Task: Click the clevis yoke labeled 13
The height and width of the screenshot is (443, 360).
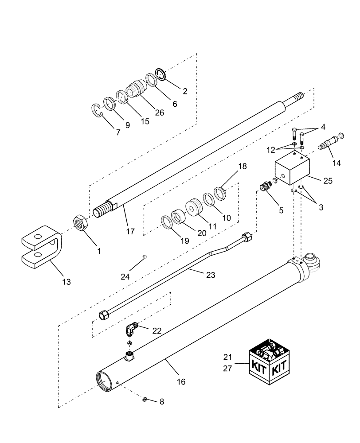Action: point(42,246)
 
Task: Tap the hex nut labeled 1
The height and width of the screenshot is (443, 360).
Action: point(81,221)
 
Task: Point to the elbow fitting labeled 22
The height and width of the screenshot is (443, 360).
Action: point(132,329)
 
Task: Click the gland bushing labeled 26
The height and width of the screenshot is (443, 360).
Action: point(135,90)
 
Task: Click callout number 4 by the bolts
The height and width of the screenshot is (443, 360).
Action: point(323,127)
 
